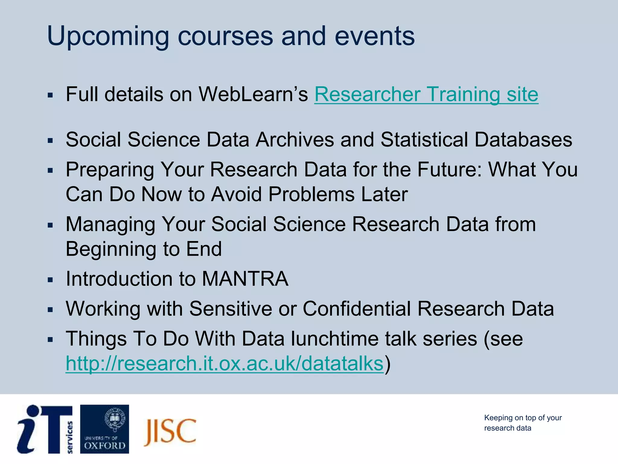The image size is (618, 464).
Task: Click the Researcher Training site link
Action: (x=426, y=95)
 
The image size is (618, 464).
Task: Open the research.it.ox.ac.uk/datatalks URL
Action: (x=225, y=363)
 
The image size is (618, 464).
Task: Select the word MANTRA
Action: (x=245, y=279)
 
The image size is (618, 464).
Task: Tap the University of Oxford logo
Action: (x=104, y=429)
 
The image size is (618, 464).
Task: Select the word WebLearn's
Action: (x=253, y=95)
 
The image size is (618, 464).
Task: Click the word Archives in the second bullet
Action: (x=295, y=140)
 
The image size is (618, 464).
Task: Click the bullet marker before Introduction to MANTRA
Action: (x=50, y=280)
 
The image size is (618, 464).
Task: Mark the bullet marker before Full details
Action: (x=50, y=96)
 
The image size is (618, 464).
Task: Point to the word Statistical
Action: (x=424, y=140)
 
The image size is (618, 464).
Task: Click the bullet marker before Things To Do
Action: (x=50, y=340)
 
